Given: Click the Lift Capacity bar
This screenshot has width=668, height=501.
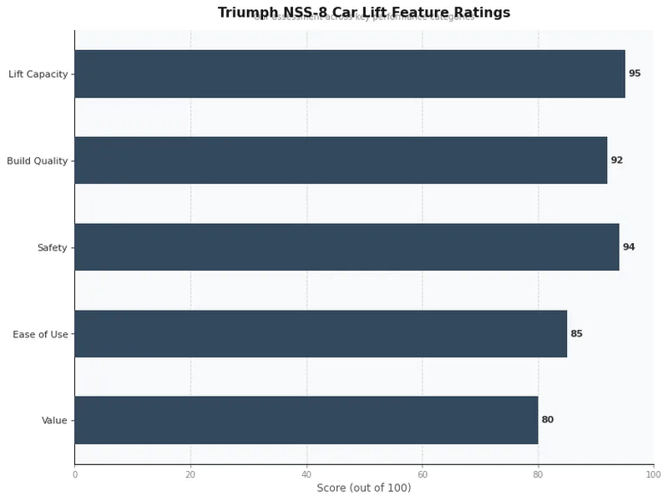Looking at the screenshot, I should [x=349, y=73].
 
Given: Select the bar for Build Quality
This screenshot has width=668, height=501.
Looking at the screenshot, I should [x=341, y=160].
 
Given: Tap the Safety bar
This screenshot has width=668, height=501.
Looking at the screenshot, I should [x=347, y=247].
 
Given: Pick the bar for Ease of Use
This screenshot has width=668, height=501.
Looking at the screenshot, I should [x=321, y=334].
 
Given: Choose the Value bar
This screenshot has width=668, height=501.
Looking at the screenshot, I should [x=306, y=420].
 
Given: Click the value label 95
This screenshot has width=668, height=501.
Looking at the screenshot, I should [x=635, y=73].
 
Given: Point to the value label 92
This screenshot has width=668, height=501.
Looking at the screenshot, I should [x=617, y=160].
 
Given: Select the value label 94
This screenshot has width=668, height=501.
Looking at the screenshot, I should [x=629, y=247].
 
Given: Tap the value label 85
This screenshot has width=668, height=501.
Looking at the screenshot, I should [x=576, y=334].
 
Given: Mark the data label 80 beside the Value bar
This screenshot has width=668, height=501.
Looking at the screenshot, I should [x=548, y=420].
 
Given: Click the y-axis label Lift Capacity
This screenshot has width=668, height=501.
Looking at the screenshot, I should [x=38, y=74].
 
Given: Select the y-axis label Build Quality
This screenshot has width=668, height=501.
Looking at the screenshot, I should [x=37, y=161].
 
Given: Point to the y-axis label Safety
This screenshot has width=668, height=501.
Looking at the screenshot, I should [x=52, y=248].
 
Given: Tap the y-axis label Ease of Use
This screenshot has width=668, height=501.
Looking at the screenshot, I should [x=40, y=335].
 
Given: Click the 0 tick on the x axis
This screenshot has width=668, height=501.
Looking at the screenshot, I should [x=75, y=474].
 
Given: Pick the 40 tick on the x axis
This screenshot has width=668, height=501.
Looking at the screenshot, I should [x=306, y=474].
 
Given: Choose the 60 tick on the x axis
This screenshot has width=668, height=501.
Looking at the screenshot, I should [x=423, y=474].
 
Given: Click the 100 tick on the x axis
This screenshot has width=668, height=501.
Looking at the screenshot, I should [x=654, y=474].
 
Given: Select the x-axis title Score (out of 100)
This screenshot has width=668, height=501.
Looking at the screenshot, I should [x=364, y=488].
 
